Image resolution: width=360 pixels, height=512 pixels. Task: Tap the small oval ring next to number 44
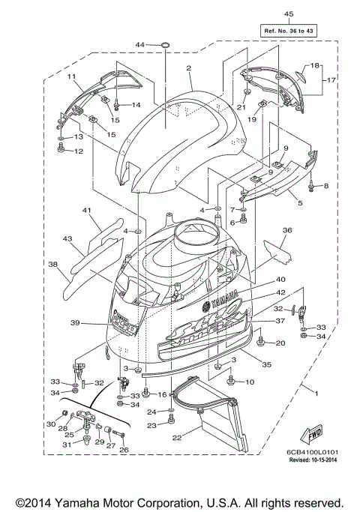pyautogui.click(x=164, y=46)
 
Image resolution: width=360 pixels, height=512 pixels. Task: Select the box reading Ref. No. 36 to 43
pyautogui.click(x=288, y=30)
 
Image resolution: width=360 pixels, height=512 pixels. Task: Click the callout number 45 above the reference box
pyautogui.click(x=289, y=13)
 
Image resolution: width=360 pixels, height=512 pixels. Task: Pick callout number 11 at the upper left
pyautogui.click(x=73, y=76)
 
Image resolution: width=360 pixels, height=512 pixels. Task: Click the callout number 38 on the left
pyautogui.click(x=53, y=265)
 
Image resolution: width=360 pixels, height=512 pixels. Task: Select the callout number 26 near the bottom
pyautogui.click(x=124, y=451)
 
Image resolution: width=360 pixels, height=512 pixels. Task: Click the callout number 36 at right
pyautogui.click(x=286, y=230)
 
